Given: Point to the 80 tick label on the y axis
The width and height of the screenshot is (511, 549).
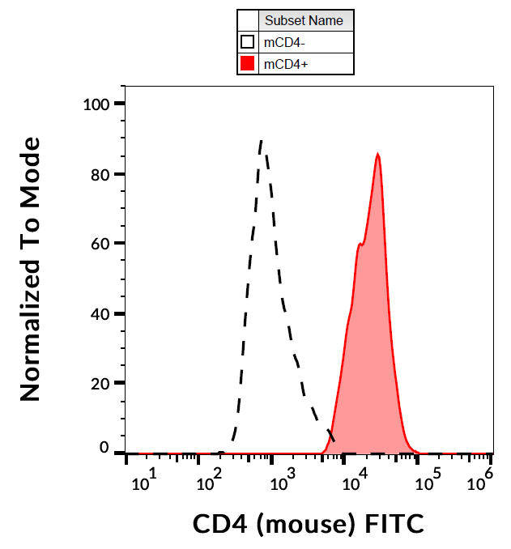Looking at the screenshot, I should click(x=100, y=174).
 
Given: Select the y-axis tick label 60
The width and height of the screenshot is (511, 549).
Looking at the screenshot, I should click(x=100, y=244).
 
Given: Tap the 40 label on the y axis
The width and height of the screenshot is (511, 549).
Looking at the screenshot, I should click(x=100, y=313).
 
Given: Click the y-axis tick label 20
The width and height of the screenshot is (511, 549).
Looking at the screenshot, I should click(x=100, y=383).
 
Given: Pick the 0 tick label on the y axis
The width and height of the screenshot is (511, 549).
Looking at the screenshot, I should click(x=104, y=447).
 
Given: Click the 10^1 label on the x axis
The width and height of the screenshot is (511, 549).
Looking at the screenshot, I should click(x=143, y=483).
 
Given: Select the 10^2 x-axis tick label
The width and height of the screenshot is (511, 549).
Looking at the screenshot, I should click(x=211, y=483).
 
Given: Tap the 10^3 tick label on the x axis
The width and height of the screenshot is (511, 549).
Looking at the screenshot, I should click(x=280, y=483).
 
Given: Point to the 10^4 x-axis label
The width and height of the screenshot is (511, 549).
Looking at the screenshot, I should click(x=351, y=483).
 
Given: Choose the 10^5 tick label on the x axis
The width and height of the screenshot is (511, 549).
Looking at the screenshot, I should click(x=421, y=483).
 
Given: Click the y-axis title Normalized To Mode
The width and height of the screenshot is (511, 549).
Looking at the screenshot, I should click(x=30, y=269).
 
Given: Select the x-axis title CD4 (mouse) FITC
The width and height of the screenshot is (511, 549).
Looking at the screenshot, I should click(x=308, y=524).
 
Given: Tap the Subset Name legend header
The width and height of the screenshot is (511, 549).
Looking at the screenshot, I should click(x=304, y=21).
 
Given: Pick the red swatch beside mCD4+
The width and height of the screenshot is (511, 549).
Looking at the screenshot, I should click(x=248, y=64).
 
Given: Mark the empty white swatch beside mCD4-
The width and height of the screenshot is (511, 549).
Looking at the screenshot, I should click(x=248, y=42).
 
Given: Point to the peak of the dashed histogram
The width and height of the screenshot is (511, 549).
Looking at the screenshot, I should click(x=261, y=141).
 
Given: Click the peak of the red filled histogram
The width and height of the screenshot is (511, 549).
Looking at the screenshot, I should click(x=377, y=154).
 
